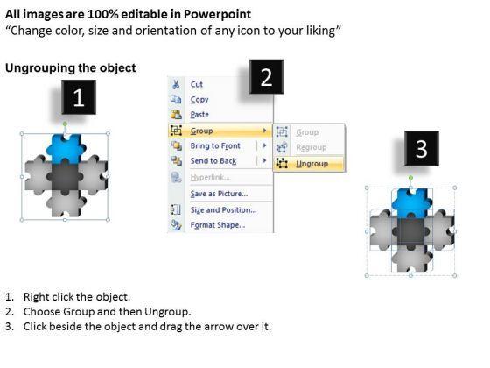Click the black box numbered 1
click(79, 97)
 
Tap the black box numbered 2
click(267, 77)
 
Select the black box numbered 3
click(422, 148)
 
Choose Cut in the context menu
click(197, 84)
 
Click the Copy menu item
click(199, 100)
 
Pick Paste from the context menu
click(199, 115)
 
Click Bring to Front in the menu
click(215, 145)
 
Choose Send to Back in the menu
click(213, 161)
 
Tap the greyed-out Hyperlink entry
click(210, 177)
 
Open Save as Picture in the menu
click(219, 194)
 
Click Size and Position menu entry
click(223, 210)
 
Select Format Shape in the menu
click(218, 225)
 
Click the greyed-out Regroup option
click(311, 147)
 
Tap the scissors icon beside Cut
click(176, 84)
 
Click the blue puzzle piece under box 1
click(66, 149)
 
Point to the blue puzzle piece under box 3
click(412, 203)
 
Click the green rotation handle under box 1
click(65, 124)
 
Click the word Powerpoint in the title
click(217, 14)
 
